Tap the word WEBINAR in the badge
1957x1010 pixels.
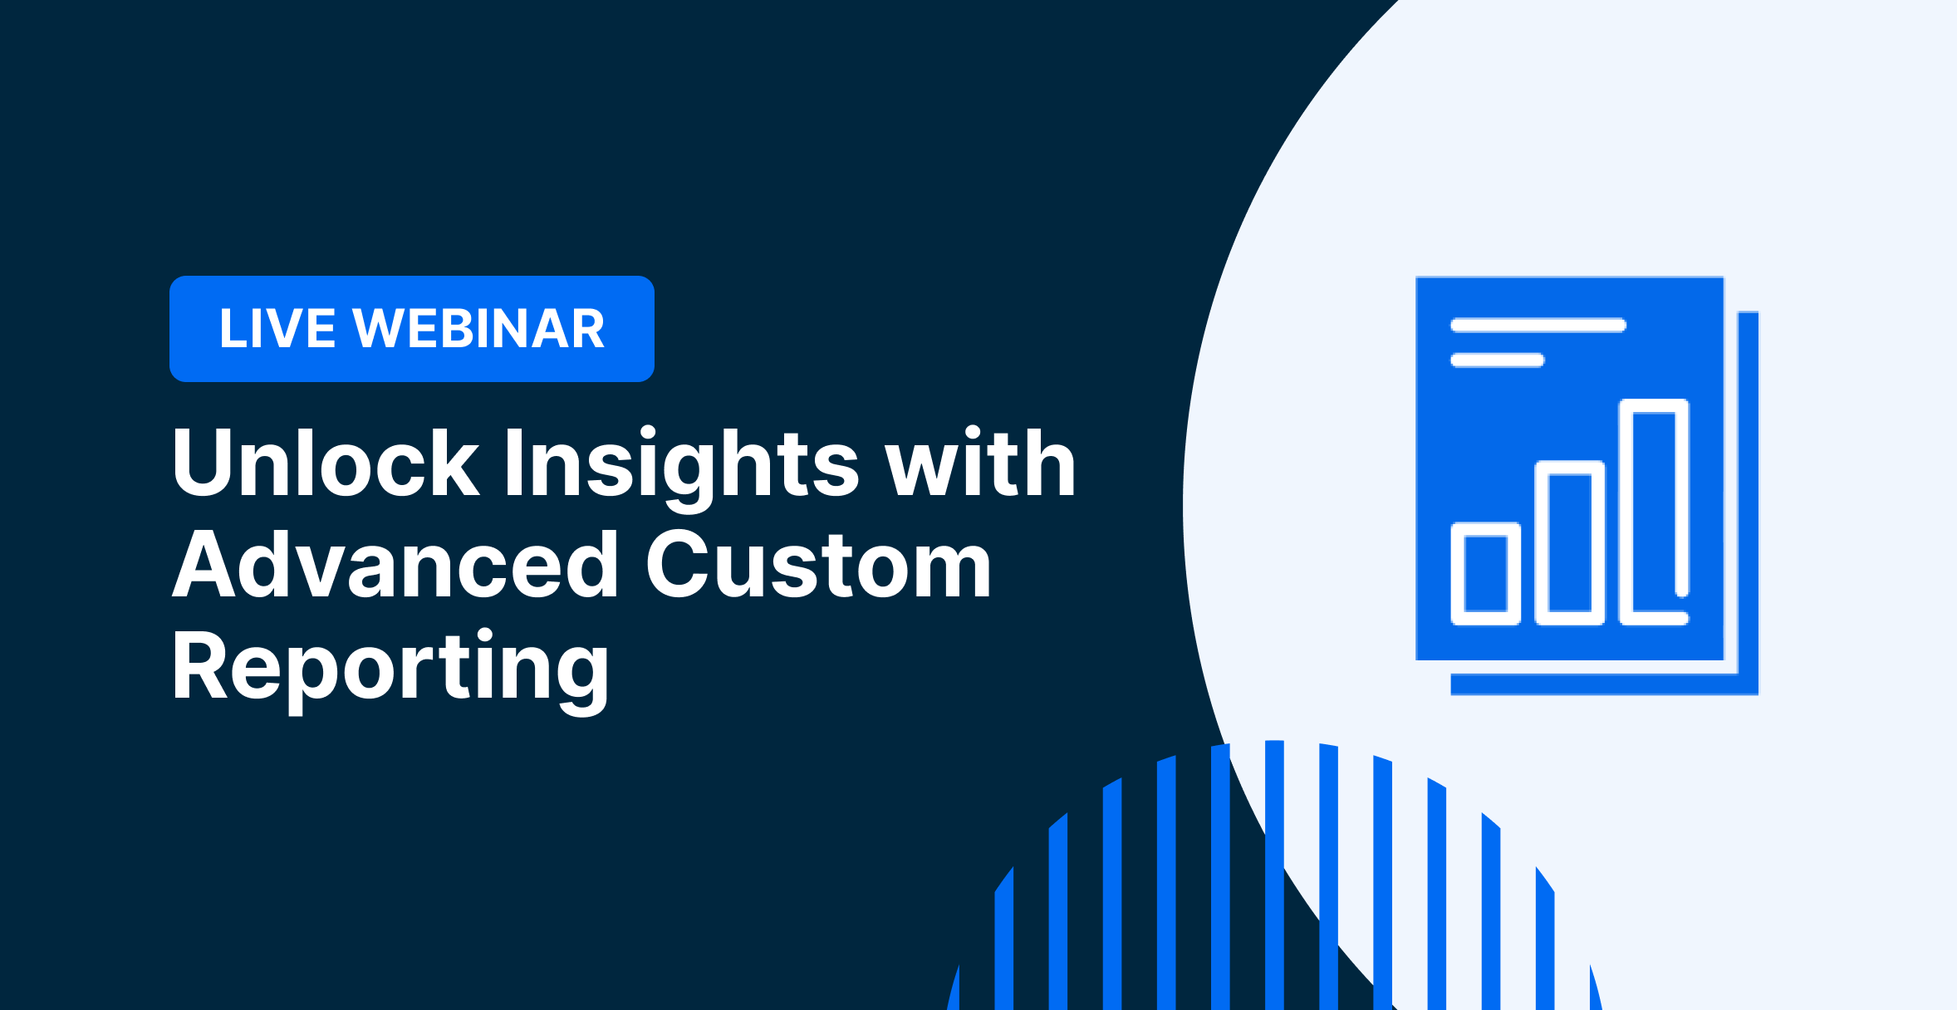(x=479, y=329)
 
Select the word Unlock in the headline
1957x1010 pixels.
(x=326, y=463)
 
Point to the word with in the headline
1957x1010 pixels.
(x=980, y=463)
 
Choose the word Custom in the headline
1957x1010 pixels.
(x=819, y=564)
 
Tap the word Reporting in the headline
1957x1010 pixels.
(x=391, y=669)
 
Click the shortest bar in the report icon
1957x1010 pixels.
(x=1485, y=574)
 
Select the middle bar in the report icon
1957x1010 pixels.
(x=1570, y=543)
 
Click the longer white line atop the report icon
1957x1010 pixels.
(x=1538, y=325)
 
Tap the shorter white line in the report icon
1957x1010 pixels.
(x=1497, y=360)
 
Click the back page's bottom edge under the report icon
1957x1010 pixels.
(x=1604, y=684)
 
